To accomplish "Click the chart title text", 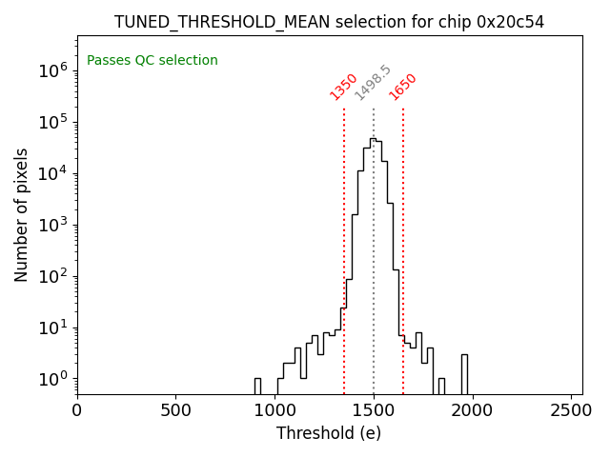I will tap(329, 22).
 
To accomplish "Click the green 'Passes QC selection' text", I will tap(152, 61).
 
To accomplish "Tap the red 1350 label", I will tap(343, 87).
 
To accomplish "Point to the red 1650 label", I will tap(403, 87).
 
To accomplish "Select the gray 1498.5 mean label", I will tap(373, 83).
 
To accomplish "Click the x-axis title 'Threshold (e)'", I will tap(329, 433).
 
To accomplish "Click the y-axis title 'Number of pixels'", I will tap(22, 215).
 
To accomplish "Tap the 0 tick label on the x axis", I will tap(77, 410).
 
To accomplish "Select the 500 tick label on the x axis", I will tap(176, 410).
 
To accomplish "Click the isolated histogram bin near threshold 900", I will tap(257, 386).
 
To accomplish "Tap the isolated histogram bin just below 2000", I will tap(464, 373).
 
